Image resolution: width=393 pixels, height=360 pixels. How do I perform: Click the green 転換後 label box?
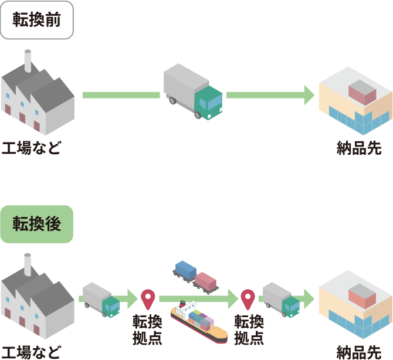click(37, 224)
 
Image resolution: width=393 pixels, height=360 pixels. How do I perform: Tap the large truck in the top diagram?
click(192, 91)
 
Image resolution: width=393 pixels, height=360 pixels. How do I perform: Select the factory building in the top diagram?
click(36, 100)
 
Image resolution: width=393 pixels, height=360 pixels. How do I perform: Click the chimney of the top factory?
click(28, 60)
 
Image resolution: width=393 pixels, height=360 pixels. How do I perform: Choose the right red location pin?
click(248, 300)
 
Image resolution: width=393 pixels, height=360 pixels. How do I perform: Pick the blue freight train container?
click(185, 270)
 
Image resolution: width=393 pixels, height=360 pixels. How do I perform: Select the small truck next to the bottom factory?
click(101, 300)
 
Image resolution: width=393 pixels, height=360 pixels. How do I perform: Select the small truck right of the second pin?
click(282, 300)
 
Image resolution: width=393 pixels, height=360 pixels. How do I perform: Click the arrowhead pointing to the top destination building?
click(309, 95)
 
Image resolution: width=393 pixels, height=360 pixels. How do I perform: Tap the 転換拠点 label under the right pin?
click(249, 330)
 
